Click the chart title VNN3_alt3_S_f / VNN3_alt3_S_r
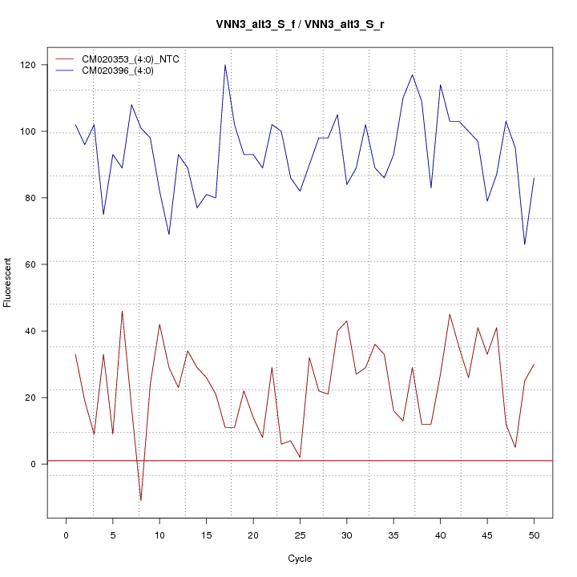pos(300,25)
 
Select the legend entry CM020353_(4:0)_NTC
pos(136,59)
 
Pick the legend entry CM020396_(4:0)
pos(123,71)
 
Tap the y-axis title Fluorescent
pos(8,282)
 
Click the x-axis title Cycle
pos(300,559)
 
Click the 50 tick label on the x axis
pos(534,535)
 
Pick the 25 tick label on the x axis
pos(300,535)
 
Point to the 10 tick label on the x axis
pos(159,535)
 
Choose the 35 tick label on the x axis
pos(393,535)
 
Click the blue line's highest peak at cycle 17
pos(225,65)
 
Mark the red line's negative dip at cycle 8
pos(141,500)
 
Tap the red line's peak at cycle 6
pos(122,311)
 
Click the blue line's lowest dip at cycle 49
pos(525,244)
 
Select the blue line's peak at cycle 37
pos(413,75)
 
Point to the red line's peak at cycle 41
pos(450,314)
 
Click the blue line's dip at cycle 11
pos(169,234)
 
